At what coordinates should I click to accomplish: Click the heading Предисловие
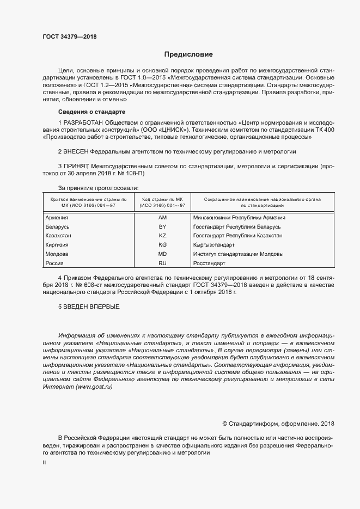189,54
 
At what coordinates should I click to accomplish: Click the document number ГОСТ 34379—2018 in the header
69,38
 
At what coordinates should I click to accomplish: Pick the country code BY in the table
162,226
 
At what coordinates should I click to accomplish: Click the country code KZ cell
162,236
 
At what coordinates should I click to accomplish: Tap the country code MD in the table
162,254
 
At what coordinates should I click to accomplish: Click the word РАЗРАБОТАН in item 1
83,122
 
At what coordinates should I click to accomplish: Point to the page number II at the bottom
44,462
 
